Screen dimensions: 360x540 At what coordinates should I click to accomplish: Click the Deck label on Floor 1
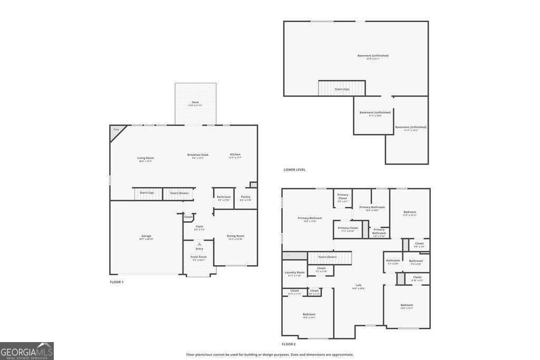pyautogui.click(x=195, y=103)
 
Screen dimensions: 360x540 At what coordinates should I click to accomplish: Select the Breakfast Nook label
pyautogui.click(x=198, y=155)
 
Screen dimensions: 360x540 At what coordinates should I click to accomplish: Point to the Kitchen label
pyautogui.click(x=235, y=155)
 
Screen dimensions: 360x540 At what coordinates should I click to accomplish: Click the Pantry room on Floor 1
pyautogui.click(x=245, y=198)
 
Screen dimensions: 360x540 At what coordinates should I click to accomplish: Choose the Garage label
pyautogui.click(x=146, y=236)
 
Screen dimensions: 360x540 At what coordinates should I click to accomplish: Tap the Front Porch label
pyautogui.click(x=199, y=257)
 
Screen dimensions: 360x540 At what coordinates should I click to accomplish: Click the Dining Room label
pyautogui.click(x=236, y=236)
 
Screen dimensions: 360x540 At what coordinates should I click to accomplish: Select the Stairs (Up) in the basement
pyautogui.click(x=342, y=89)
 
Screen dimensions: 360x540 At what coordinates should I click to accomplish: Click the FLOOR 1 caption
pyautogui.click(x=117, y=282)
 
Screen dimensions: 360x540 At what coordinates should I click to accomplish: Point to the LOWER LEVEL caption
pyautogui.click(x=294, y=170)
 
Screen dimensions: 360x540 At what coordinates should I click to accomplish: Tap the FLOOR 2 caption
pyautogui.click(x=288, y=344)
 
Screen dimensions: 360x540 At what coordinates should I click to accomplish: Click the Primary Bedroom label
pyautogui.click(x=310, y=218)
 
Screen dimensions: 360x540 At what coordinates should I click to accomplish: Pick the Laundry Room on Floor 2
pyautogui.click(x=294, y=273)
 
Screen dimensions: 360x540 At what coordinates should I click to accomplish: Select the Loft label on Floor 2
pyautogui.click(x=358, y=286)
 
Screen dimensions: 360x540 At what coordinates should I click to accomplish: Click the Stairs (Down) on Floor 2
pyautogui.click(x=330, y=257)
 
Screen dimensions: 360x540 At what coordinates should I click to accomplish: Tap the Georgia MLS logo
pyautogui.click(x=27, y=351)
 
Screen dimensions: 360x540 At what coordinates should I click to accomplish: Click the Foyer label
pyautogui.click(x=199, y=227)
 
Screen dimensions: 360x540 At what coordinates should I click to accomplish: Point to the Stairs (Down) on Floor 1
pyautogui.click(x=179, y=193)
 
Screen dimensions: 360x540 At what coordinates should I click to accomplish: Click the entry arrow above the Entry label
pyautogui.click(x=199, y=244)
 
